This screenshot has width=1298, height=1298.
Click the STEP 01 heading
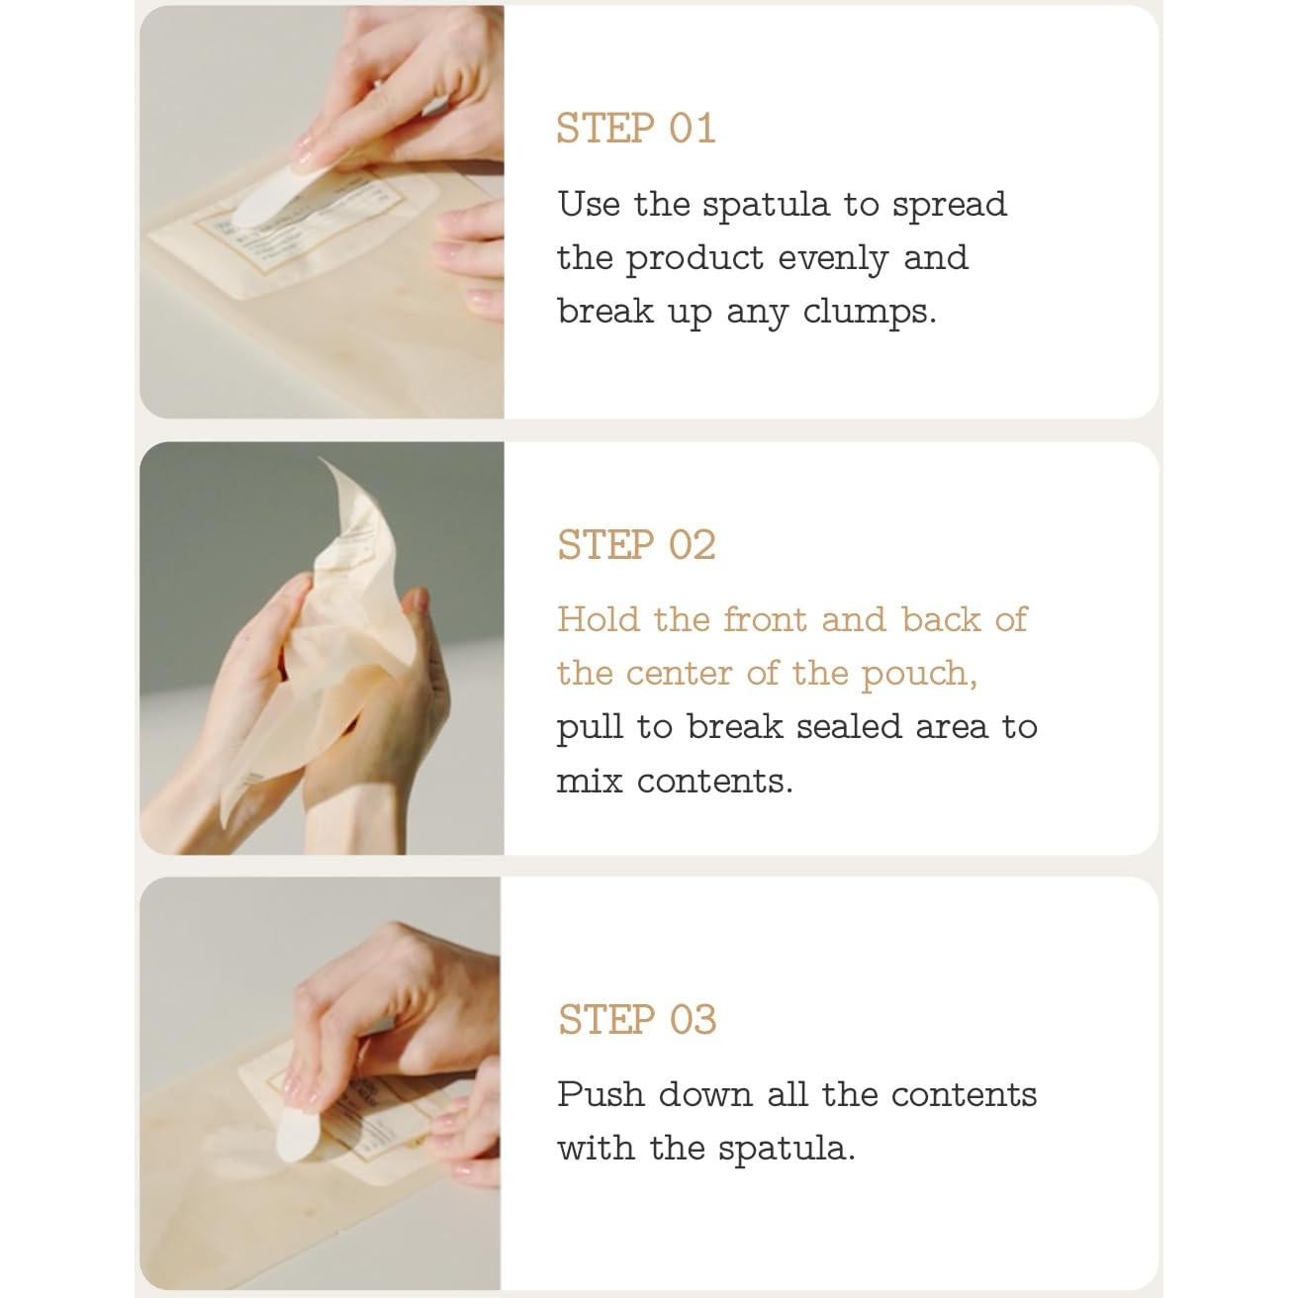click(636, 128)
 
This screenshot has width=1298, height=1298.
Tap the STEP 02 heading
click(636, 544)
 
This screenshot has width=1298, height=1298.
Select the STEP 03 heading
click(636, 1019)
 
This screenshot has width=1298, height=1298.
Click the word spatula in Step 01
click(765, 206)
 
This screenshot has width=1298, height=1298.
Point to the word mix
click(590, 782)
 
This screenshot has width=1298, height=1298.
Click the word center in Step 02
click(679, 674)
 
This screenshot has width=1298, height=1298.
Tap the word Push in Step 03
click(601, 1094)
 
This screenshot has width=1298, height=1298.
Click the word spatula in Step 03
click(787, 1150)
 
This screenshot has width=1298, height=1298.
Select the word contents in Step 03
click(964, 1095)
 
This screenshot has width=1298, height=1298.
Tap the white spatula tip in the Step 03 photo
click(297, 1134)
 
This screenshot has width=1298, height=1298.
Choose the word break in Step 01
click(604, 312)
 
